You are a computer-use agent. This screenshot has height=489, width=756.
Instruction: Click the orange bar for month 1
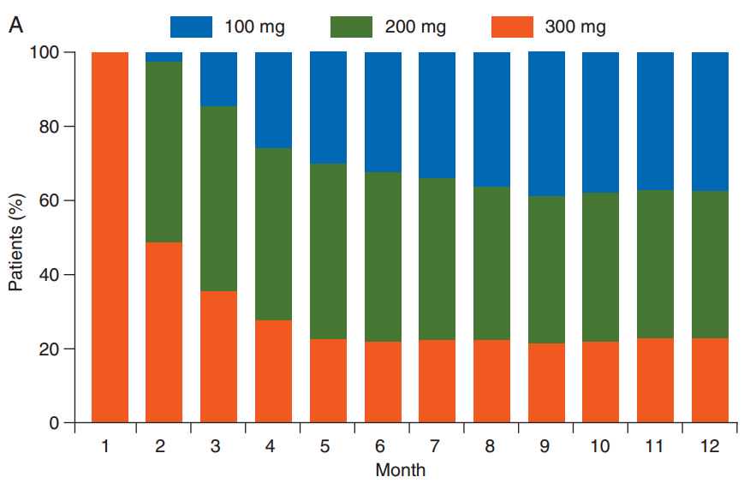(x=110, y=237)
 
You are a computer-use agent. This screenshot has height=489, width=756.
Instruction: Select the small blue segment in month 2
(x=164, y=57)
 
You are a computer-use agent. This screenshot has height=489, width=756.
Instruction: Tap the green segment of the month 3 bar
(x=218, y=199)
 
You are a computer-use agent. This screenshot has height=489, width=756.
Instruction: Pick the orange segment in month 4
(x=273, y=371)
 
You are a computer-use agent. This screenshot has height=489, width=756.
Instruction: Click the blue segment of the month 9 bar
(x=546, y=123)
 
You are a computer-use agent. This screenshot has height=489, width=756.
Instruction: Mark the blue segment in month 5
(x=328, y=107)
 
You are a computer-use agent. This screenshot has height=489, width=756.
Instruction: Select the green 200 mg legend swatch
(x=352, y=26)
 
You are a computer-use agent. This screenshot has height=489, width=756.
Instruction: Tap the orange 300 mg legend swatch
(x=513, y=26)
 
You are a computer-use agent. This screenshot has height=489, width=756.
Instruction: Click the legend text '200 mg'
(x=415, y=27)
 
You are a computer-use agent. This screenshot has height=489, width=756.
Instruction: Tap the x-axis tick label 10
(x=600, y=446)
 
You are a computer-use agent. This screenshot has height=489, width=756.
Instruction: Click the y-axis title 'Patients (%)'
(x=17, y=237)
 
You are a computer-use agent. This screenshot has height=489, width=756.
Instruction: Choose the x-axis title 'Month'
(x=400, y=470)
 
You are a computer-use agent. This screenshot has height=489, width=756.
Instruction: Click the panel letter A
(x=15, y=26)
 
